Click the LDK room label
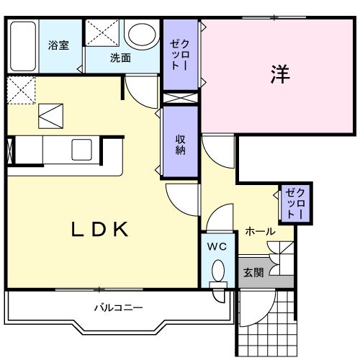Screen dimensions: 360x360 click(x=99, y=230)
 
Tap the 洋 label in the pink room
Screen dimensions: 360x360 click(x=281, y=75)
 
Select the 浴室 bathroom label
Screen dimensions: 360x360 click(x=59, y=45)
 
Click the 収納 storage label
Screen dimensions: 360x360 click(x=179, y=143)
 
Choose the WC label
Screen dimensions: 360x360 click(x=217, y=247)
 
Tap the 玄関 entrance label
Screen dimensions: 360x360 click(x=253, y=273)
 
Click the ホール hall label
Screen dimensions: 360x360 click(x=259, y=231)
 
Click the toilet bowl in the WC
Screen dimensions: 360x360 click(x=217, y=272)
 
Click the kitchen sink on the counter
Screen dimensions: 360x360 click(x=81, y=150)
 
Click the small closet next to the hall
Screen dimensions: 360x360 click(x=296, y=203)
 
